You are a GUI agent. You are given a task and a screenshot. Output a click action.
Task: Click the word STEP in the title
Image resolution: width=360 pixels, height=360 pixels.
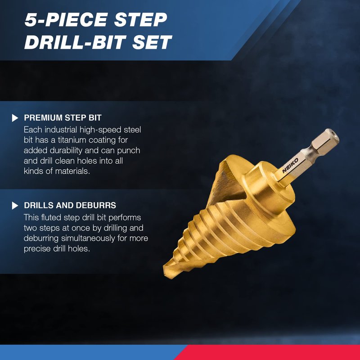point(140,20)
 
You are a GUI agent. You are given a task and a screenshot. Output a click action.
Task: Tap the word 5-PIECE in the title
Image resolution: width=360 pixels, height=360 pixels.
point(66,20)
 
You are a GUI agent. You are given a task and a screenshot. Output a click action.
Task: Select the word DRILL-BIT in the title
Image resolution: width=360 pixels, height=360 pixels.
point(75,42)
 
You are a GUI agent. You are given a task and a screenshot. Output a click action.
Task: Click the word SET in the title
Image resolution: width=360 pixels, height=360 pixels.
point(152,42)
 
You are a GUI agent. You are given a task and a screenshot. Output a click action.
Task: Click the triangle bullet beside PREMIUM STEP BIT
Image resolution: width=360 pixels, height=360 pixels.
point(15,118)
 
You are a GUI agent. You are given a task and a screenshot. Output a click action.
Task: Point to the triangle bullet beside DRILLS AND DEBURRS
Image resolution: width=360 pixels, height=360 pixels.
point(15,206)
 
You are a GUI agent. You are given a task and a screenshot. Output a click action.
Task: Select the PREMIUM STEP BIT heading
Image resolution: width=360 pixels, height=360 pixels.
point(63,118)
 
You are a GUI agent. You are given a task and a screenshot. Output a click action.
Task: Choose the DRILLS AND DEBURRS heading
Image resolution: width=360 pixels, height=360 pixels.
point(70,205)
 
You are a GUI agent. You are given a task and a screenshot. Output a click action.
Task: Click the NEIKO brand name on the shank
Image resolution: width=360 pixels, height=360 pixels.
point(290,165)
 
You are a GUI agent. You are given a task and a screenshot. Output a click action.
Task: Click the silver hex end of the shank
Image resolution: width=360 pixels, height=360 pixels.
point(325,139)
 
